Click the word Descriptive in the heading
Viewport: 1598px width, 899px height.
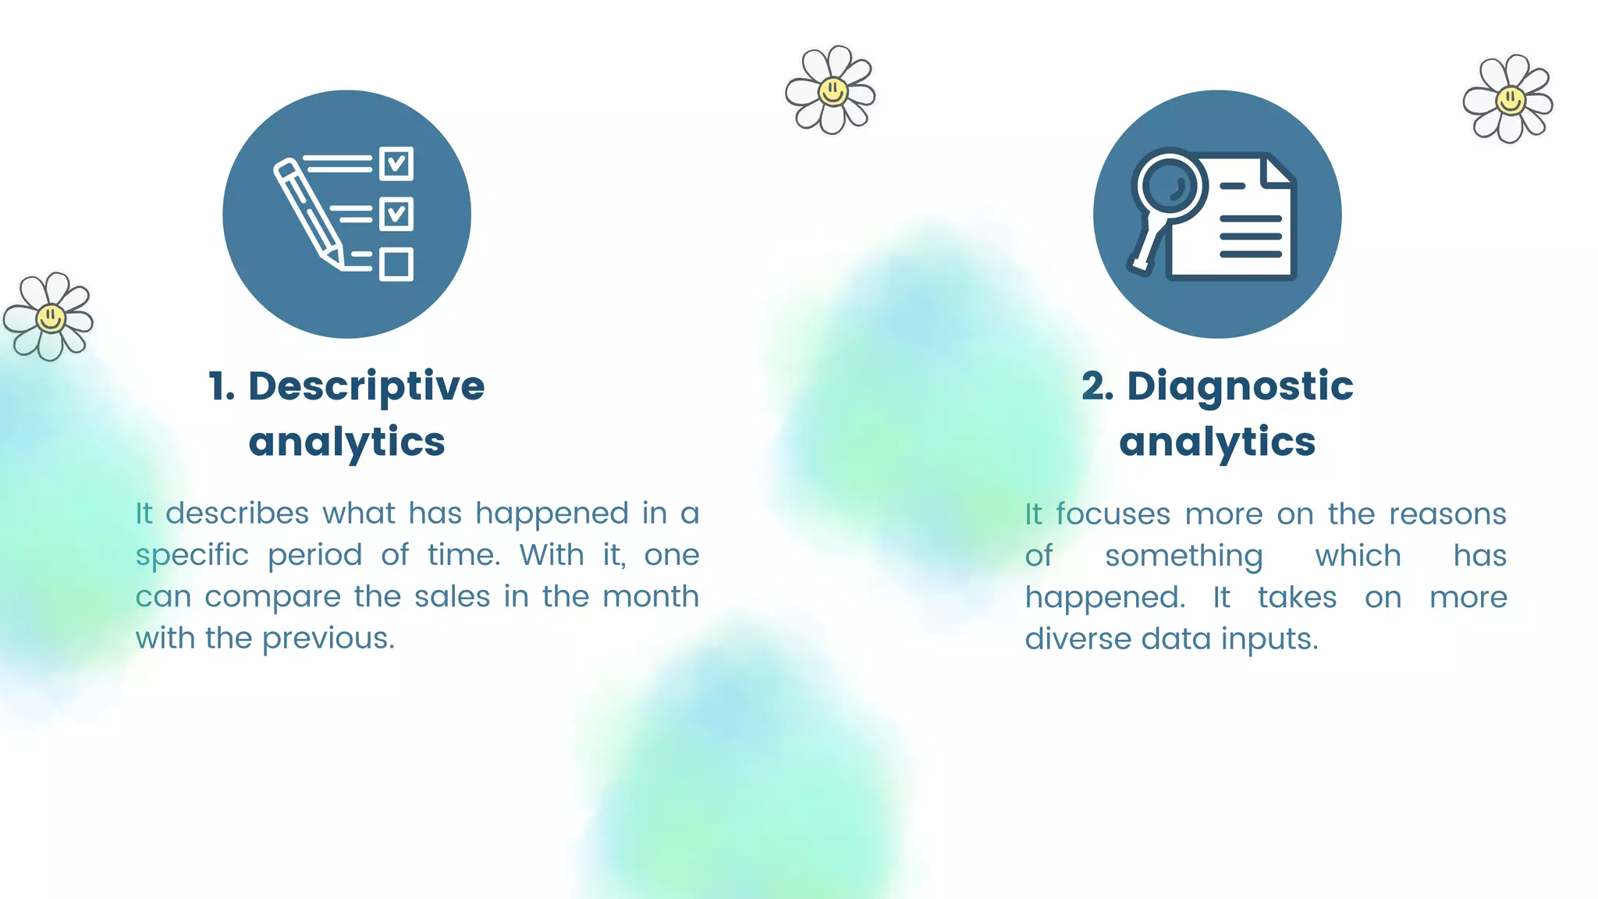point(366,386)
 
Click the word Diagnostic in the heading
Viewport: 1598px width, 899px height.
point(1240,386)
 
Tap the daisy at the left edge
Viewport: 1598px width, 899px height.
point(48,317)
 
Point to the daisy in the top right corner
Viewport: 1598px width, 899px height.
point(1508,99)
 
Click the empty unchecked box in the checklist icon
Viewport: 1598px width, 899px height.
point(396,265)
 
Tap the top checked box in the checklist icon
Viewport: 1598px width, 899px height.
point(396,164)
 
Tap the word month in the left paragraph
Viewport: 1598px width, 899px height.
point(651,597)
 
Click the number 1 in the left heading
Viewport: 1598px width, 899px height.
point(219,386)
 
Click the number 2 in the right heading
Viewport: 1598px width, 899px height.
point(1095,386)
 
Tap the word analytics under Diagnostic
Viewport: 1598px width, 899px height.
point(1217,442)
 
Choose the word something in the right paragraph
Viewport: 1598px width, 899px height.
point(1183,556)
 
